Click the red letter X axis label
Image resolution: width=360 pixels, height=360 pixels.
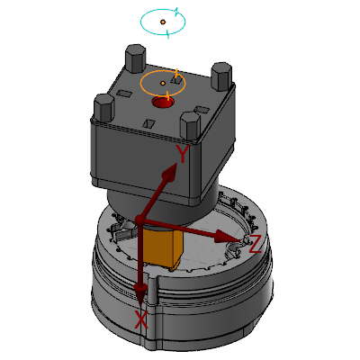(x=140, y=319)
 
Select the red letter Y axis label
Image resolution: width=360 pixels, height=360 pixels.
(x=182, y=154)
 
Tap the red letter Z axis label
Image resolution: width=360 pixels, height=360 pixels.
(x=256, y=244)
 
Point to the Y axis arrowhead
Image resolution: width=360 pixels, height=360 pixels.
(x=170, y=174)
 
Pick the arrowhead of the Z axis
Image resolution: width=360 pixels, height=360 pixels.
(x=229, y=236)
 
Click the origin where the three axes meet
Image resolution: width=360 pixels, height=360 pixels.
(x=139, y=220)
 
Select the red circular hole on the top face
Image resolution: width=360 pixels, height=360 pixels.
(x=163, y=103)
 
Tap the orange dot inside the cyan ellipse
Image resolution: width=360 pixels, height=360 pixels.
(x=163, y=22)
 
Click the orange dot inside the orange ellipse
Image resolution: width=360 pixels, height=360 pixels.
(x=163, y=83)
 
